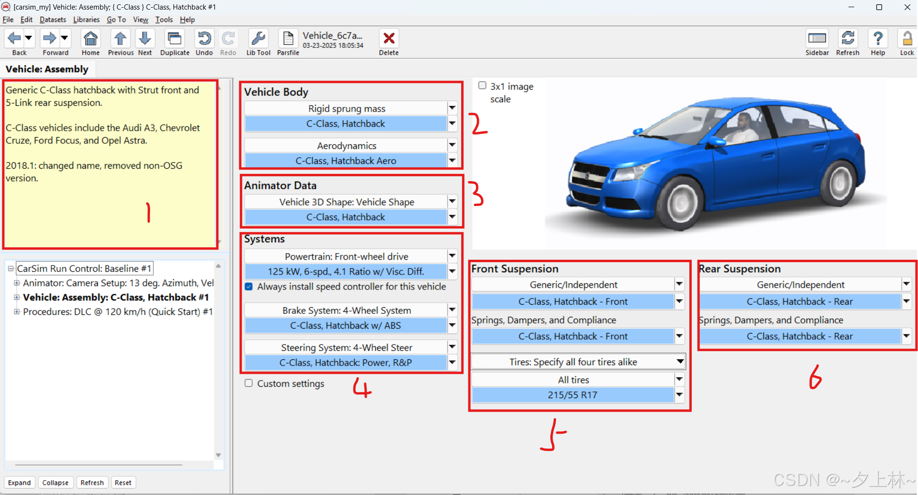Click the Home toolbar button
(91, 43)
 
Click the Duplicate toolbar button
(174, 43)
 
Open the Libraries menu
(86, 20)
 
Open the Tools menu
(164, 20)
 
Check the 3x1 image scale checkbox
(482, 85)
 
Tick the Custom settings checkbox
(248, 383)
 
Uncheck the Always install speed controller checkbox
(249, 287)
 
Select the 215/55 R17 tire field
(573, 395)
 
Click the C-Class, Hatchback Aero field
(346, 161)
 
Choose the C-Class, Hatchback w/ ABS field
(346, 325)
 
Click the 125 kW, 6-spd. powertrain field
(346, 271)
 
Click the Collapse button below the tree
(55, 483)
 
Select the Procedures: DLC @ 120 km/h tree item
(117, 311)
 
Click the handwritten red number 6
(815, 377)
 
